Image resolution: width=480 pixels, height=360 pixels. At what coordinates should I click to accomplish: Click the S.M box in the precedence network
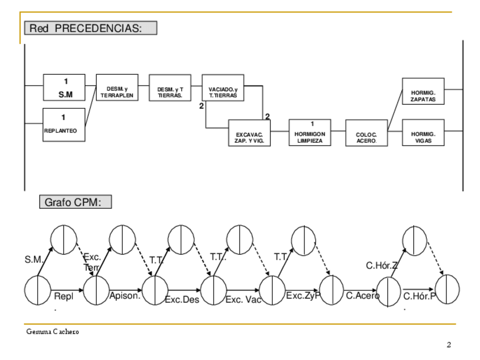click(x=64, y=89)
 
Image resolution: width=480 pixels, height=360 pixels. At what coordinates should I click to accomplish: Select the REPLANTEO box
click(x=64, y=125)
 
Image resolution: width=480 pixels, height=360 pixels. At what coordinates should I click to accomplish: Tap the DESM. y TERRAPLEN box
click(x=117, y=92)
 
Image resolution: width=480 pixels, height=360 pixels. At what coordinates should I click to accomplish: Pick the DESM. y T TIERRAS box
click(x=169, y=92)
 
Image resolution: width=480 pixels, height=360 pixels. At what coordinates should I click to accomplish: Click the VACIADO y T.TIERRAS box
click(x=223, y=92)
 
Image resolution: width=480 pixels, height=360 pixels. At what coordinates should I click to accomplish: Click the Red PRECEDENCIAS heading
click(x=90, y=28)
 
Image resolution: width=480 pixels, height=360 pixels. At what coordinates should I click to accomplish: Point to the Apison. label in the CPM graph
click(x=125, y=295)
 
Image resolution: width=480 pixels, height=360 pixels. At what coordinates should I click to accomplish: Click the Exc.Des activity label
click(x=182, y=299)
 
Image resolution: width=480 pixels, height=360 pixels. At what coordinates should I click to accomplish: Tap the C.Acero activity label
click(x=363, y=295)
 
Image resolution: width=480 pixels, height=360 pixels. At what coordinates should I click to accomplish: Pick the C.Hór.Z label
click(x=382, y=265)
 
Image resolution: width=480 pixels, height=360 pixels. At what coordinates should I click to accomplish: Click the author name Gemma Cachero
click(x=53, y=331)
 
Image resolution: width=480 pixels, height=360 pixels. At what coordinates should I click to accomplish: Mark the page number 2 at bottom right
click(x=449, y=345)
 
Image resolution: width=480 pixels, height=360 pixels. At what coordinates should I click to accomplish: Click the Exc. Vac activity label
click(x=243, y=299)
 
